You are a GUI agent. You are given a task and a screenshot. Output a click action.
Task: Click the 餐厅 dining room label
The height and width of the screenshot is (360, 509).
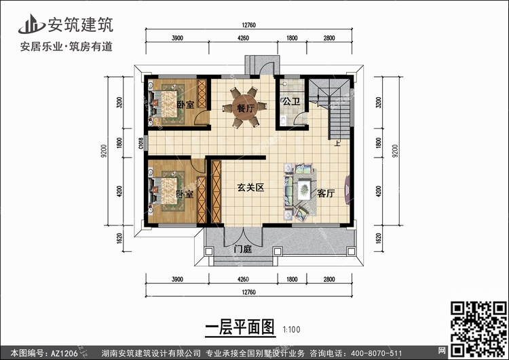coord(246,108)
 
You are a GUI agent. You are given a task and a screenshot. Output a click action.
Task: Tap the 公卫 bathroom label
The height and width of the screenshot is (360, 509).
coord(291,101)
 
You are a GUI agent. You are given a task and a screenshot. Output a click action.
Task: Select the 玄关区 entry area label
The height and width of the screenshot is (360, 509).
coord(250,187)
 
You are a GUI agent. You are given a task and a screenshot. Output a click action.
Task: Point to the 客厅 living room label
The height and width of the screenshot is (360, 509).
coord(326,194)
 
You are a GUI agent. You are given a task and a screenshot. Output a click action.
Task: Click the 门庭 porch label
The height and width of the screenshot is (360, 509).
coord(243,249)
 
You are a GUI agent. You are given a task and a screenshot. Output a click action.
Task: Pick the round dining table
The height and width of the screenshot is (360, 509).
coord(245,107)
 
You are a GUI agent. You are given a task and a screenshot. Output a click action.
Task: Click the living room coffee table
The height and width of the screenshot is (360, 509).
coord(304,190)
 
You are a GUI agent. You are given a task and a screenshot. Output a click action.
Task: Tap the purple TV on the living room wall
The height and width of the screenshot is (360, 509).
coord(347,190)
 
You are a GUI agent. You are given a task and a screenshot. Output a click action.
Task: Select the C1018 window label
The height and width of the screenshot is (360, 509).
coord(141,143)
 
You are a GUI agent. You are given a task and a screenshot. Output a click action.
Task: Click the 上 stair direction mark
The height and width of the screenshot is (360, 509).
coord(337,143)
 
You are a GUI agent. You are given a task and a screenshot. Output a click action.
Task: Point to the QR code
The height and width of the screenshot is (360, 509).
coord(478,329)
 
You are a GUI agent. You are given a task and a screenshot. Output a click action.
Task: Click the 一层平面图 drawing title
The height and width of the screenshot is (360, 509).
coord(240,327)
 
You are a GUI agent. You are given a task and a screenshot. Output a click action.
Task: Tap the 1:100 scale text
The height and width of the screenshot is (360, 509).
coord(291,329)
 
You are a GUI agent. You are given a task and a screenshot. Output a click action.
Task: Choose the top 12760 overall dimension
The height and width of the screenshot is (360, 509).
coord(248,25)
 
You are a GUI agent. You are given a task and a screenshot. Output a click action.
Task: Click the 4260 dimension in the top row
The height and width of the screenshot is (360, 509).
coord(243,38)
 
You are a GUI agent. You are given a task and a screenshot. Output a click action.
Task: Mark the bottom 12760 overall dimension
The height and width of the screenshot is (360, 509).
coord(248,292)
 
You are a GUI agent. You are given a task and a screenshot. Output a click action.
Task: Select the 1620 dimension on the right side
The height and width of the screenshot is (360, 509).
coord(378,238)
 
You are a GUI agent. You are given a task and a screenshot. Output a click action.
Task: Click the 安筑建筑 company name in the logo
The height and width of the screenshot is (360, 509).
coord(81,24)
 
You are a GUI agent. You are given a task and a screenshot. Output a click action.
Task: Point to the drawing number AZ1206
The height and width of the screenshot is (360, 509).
coord(64,353)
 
